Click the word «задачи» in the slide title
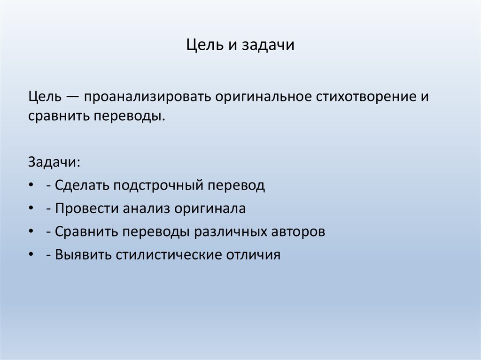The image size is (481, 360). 268,46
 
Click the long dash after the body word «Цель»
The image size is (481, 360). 73,97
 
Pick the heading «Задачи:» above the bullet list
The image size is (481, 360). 54,162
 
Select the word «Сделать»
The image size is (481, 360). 80,185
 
